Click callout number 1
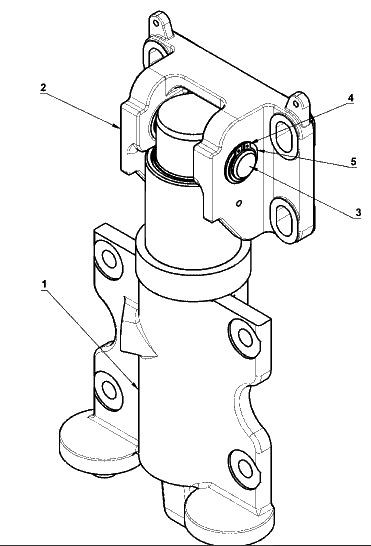[x=44, y=284]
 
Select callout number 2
[x=43, y=87]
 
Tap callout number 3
[x=358, y=212]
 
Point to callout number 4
[x=350, y=98]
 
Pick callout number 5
[x=354, y=162]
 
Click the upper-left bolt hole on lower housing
[x=109, y=259]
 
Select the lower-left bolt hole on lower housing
[x=109, y=390]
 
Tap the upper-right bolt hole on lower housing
[x=245, y=337]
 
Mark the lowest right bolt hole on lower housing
[x=245, y=469]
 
